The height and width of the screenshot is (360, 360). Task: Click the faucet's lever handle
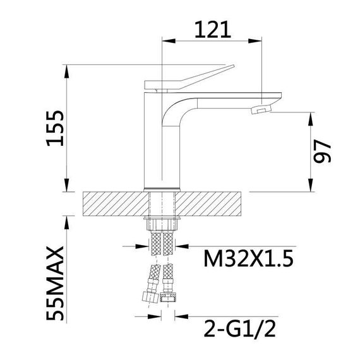[x=189, y=76]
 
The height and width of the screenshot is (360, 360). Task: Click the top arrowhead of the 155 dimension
[x=66, y=69]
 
